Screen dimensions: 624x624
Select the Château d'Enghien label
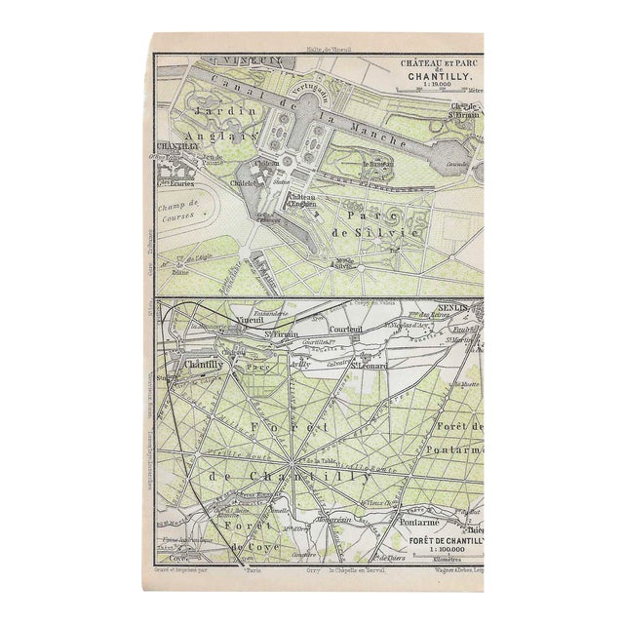coord(306,200)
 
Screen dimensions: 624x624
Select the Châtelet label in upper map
coord(243,182)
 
